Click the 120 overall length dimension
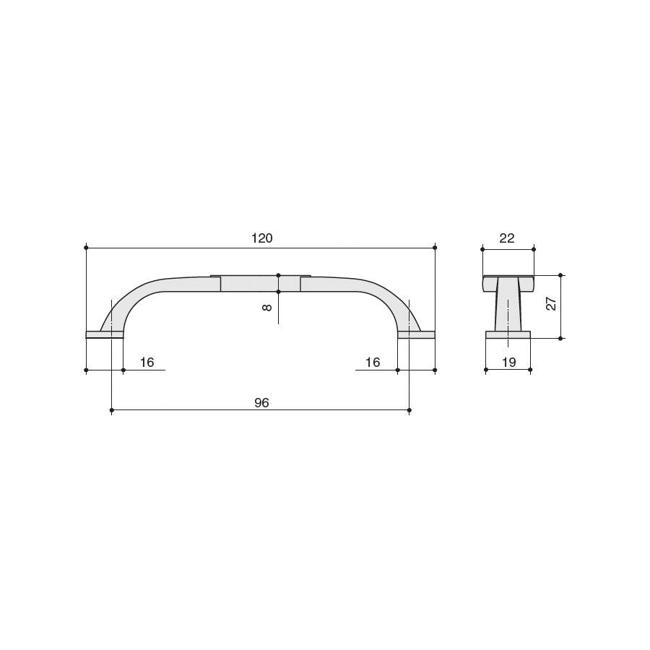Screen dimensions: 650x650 coord(262,238)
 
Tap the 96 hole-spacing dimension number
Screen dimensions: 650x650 coord(261,402)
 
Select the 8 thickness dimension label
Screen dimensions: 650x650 coord(267,308)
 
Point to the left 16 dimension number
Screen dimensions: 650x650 coord(147,363)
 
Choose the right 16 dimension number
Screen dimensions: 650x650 coord(373,363)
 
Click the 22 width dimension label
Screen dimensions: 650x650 coord(507,238)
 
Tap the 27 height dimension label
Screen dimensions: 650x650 coord(551,304)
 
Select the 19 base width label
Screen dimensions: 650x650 coord(508,363)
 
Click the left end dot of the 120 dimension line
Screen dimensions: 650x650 coord(86,248)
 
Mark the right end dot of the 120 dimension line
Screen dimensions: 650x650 coord(435,248)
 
